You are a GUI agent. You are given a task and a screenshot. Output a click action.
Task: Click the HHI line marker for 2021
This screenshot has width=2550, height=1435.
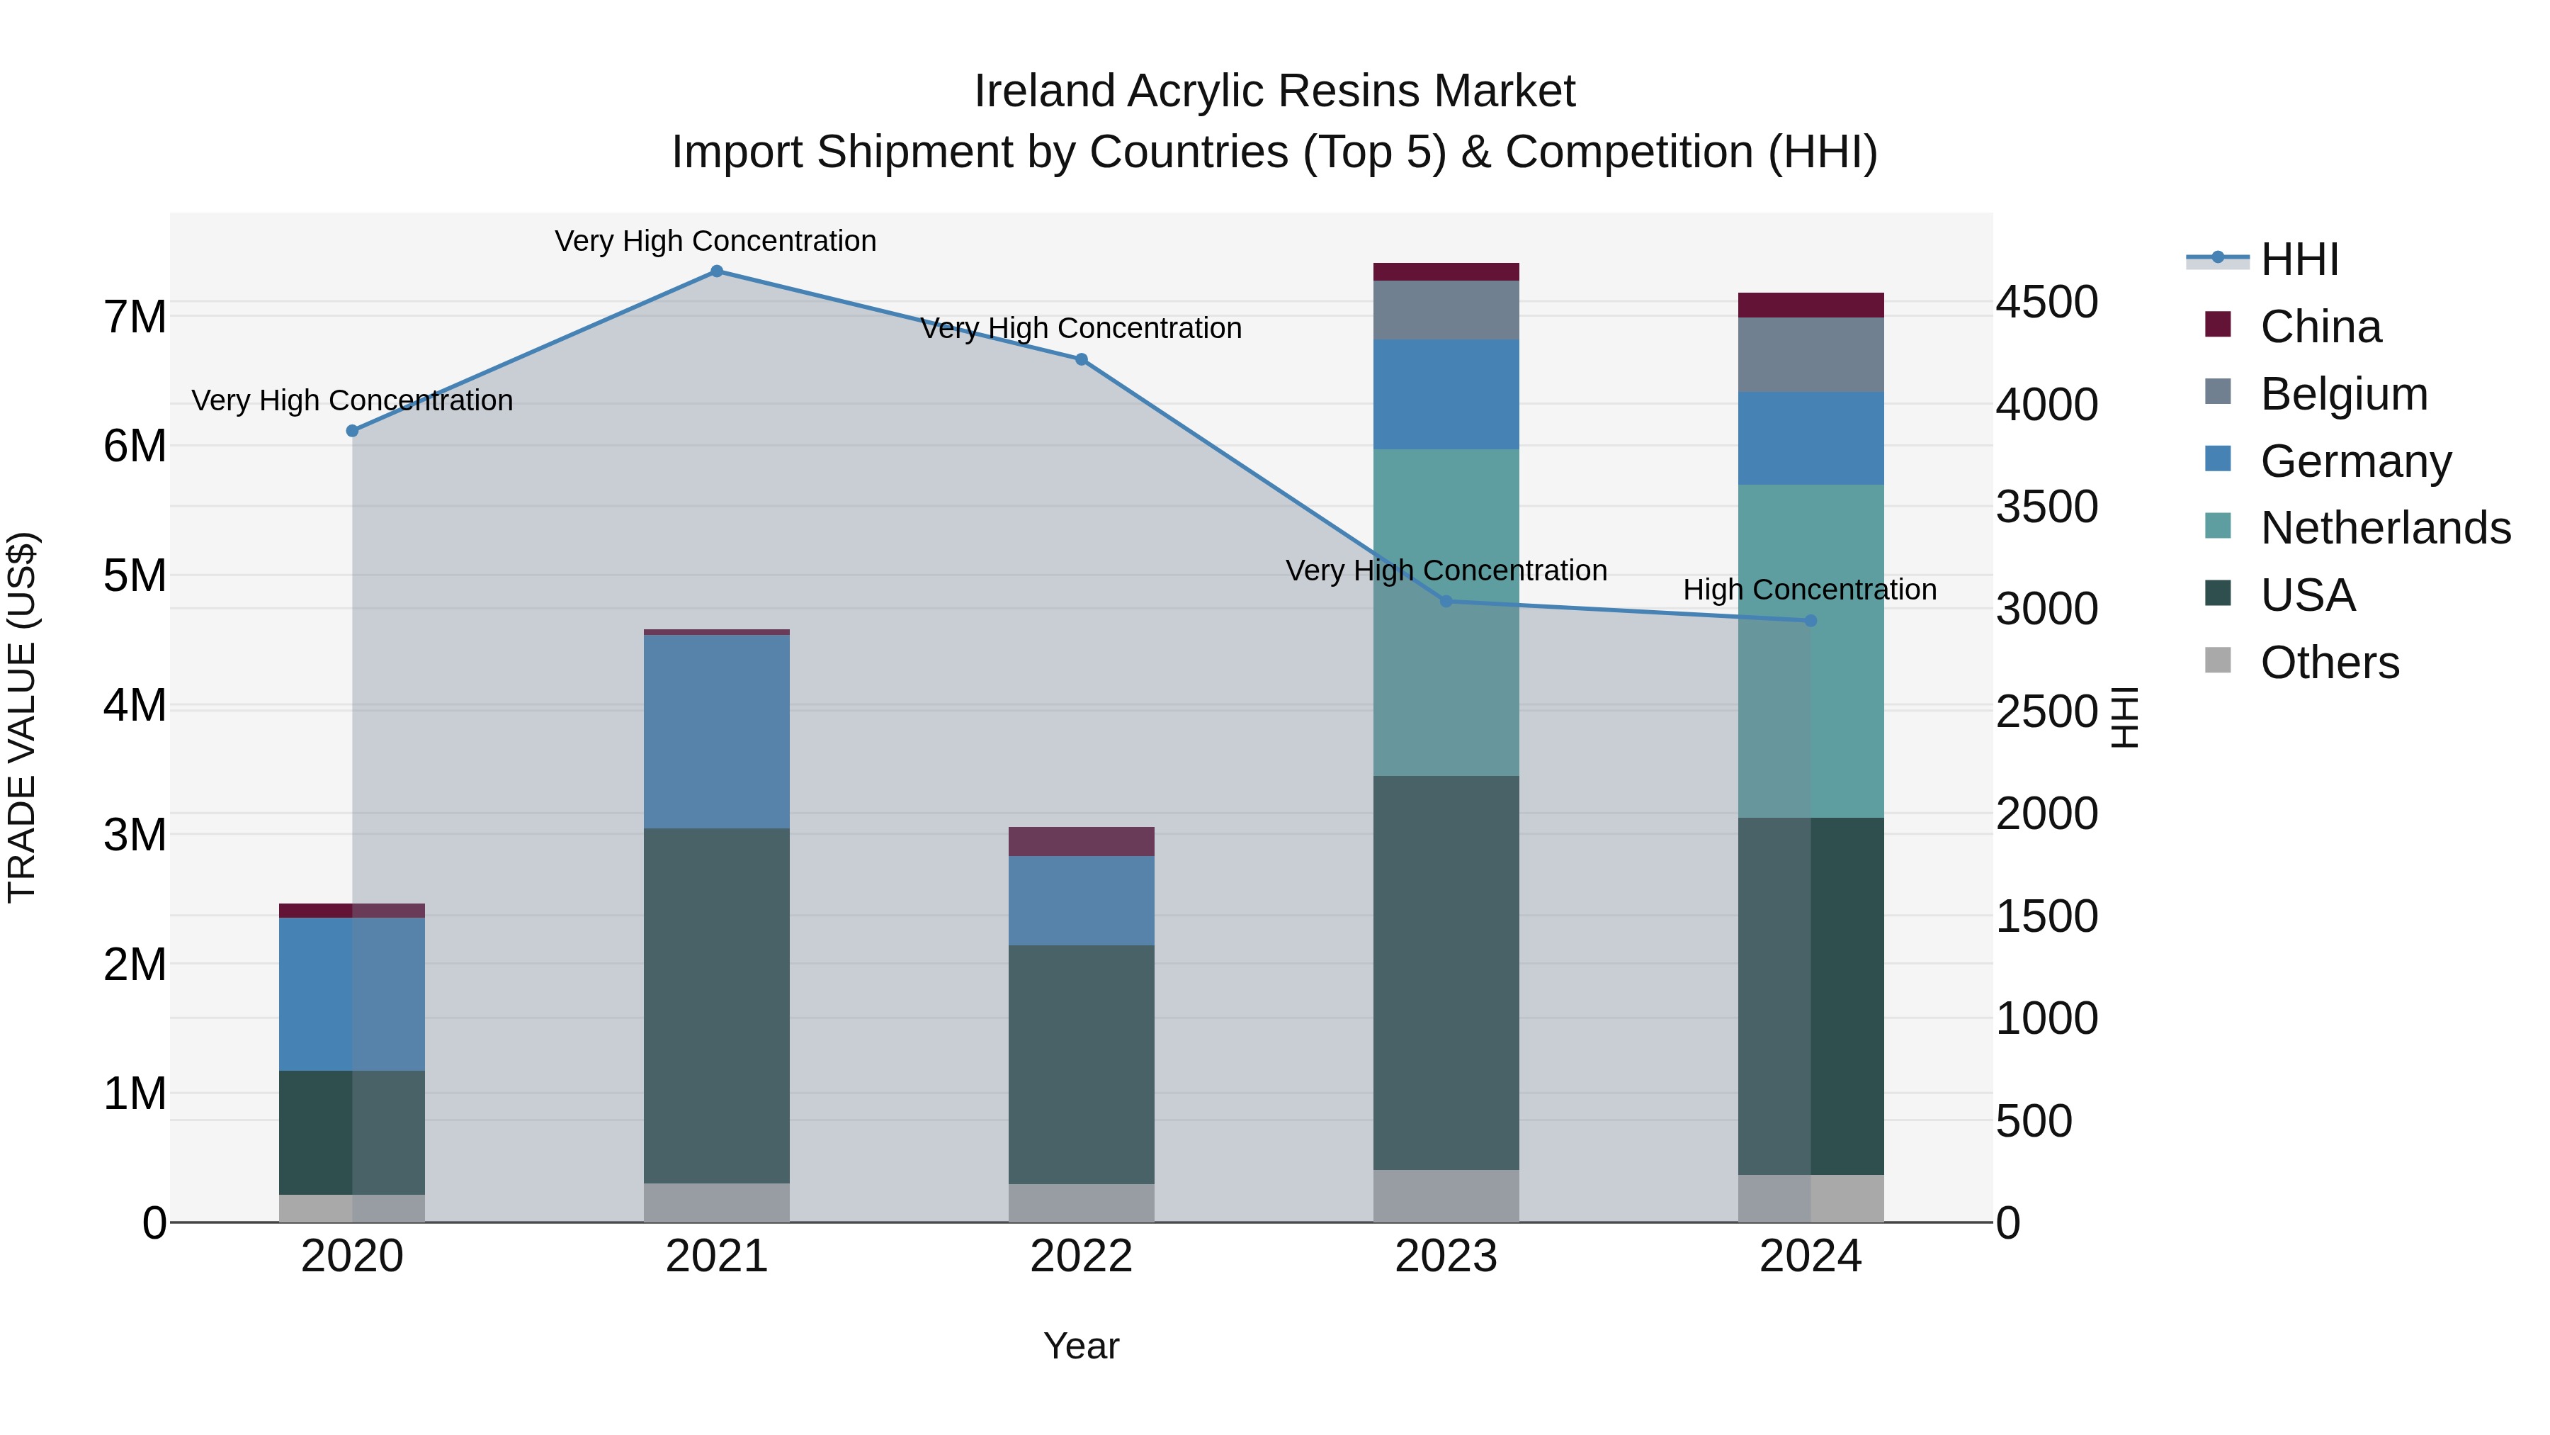(717, 271)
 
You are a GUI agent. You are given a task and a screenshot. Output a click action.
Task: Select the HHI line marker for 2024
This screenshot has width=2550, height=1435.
(1810, 621)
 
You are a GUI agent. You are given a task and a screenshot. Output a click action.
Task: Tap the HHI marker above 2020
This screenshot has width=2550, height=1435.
(353, 431)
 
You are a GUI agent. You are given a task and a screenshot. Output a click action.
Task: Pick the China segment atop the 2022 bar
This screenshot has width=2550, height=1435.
(1081, 840)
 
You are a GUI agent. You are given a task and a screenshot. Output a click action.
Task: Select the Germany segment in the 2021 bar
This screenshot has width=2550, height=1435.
(717, 731)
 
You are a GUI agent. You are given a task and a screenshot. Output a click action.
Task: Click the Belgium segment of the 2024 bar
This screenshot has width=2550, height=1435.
(1810, 354)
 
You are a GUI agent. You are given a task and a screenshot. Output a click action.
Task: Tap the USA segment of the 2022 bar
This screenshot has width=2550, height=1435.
(1081, 1064)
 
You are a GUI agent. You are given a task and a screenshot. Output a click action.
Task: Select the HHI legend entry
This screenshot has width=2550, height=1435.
(2299, 259)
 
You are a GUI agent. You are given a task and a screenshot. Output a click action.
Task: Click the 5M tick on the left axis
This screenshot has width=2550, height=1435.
(135, 575)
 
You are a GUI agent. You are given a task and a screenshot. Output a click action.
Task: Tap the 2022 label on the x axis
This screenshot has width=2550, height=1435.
(1081, 1256)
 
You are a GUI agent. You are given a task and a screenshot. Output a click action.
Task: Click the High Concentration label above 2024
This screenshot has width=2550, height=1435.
(1810, 590)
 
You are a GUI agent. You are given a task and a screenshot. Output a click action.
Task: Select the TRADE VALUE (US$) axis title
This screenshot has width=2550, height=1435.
(22, 717)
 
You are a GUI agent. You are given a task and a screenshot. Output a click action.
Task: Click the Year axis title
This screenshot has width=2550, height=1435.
(1081, 1346)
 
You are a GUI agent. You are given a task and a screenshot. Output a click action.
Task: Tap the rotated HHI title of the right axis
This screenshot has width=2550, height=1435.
(2125, 717)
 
